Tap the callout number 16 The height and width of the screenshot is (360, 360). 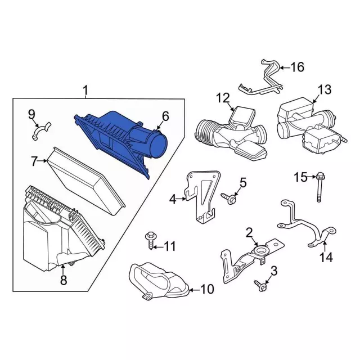(x=298, y=67)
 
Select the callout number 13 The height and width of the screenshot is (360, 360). (x=325, y=89)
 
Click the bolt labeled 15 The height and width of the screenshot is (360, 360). (x=319, y=187)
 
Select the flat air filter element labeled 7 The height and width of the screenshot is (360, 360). (x=86, y=181)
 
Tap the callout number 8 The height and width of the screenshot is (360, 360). (x=64, y=280)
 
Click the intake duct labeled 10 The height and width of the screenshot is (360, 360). (x=159, y=282)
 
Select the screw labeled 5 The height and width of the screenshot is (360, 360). (x=229, y=197)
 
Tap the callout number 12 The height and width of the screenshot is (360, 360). (x=223, y=98)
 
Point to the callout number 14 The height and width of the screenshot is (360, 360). (x=326, y=258)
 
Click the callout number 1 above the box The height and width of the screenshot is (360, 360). (x=85, y=90)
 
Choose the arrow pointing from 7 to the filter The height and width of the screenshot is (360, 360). (x=42, y=161)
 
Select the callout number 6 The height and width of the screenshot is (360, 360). (x=165, y=116)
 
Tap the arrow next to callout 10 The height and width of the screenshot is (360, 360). (x=194, y=290)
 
